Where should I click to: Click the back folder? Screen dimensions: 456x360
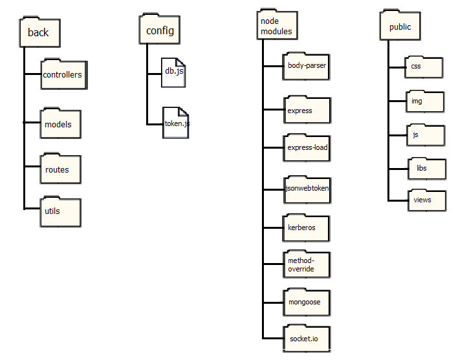point(39,32)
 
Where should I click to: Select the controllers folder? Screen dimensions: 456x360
point(62,75)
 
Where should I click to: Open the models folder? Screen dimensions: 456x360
point(60,123)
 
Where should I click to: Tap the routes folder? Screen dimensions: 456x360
point(60,169)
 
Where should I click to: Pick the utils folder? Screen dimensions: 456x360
point(60,212)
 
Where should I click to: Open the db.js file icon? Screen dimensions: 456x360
point(173,72)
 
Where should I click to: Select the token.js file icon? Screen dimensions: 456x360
point(176,123)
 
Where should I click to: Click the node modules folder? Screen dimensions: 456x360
point(277,26)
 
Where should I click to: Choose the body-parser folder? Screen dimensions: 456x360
point(307,67)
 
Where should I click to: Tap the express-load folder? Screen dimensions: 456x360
point(307,147)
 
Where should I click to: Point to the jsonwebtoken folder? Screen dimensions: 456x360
point(307,189)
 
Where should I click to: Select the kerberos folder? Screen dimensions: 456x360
point(307,228)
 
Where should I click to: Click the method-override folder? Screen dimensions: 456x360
point(307,264)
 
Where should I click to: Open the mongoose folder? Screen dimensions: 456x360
point(307,302)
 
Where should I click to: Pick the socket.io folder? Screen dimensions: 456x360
point(307,339)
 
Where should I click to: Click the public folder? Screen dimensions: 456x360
point(400,27)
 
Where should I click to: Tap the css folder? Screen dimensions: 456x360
point(425,67)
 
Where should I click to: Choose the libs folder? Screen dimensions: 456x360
point(427,169)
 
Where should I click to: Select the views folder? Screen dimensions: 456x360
point(427,200)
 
